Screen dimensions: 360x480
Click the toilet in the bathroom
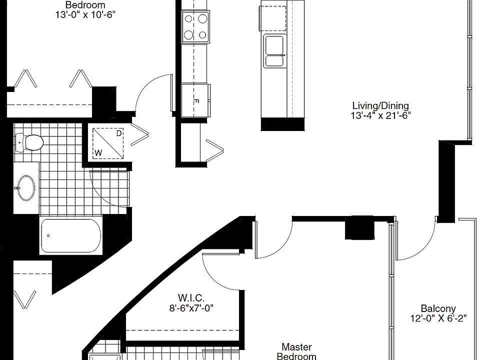pyautogui.click(x=29, y=142)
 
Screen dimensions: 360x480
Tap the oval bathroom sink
pyautogui.click(x=25, y=188)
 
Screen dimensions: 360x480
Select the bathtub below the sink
pyautogui.click(x=69, y=235)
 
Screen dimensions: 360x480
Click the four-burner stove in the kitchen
pyautogui.click(x=196, y=26)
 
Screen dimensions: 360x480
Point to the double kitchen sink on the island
pyautogui.click(x=274, y=51)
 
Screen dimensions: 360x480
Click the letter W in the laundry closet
pyautogui.click(x=98, y=151)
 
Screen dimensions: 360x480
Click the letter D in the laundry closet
pyautogui.click(x=118, y=133)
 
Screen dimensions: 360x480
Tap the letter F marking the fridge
pyautogui.click(x=196, y=101)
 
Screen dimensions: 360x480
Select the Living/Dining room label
pyautogui.click(x=380, y=105)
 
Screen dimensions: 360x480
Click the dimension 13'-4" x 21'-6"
pyautogui.click(x=380, y=115)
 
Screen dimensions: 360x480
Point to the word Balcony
pyautogui.click(x=438, y=309)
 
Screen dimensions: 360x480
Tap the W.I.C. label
pyautogui.click(x=191, y=298)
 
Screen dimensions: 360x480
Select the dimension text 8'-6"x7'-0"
pyautogui.click(x=191, y=308)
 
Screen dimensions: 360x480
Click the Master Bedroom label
pyautogui.click(x=296, y=351)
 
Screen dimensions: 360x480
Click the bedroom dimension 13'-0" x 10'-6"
pyautogui.click(x=85, y=14)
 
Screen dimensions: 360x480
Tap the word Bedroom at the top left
pyautogui.click(x=85, y=5)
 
